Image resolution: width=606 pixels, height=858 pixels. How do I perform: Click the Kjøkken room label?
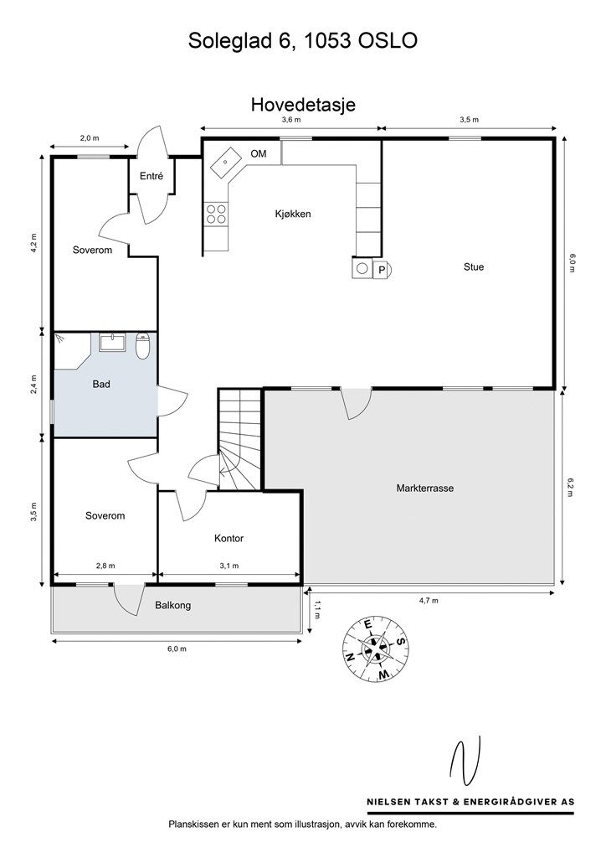[x=292, y=214]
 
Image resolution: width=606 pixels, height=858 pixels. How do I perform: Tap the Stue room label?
[x=474, y=267]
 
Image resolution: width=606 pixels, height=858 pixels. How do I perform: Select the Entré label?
[x=151, y=176]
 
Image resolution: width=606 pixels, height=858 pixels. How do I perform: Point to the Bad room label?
[x=101, y=384]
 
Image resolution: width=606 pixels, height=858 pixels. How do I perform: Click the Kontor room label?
[x=229, y=539]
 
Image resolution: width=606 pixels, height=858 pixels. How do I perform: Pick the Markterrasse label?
[x=425, y=488]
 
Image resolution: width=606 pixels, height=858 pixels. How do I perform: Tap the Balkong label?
[x=173, y=605]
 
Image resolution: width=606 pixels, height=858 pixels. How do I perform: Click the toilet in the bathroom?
[x=142, y=346]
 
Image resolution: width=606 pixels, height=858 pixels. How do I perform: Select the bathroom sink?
[x=112, y=343]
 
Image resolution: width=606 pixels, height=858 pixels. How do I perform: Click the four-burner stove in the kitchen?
[x=217, y=214]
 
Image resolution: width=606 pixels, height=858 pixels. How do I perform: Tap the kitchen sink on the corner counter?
[x=226, y=162]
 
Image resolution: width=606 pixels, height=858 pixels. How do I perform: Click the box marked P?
[x=382, y=270]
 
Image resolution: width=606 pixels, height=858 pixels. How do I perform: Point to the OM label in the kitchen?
[x=259, y=154]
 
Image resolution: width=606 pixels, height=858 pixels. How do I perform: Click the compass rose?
[x=376, y=649]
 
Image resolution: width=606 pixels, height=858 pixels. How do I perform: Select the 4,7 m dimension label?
[x=429, y=600]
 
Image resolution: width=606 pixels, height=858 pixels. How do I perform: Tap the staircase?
[x=240, y=439]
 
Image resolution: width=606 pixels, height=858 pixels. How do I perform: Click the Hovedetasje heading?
[x=303, y=105]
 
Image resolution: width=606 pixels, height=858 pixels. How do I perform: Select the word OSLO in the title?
[x=388, y=40]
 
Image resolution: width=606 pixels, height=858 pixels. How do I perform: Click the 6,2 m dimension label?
[x=571, y=487]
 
